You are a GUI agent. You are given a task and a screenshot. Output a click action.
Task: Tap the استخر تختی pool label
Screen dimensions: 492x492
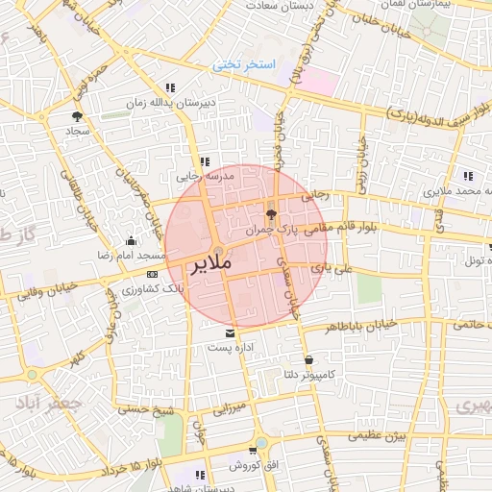(x=244, y=64)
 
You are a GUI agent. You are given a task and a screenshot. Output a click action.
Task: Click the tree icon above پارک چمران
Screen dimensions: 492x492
(x=270, y=215)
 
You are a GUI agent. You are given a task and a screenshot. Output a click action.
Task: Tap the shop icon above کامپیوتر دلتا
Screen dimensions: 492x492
(x=308, y=360)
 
